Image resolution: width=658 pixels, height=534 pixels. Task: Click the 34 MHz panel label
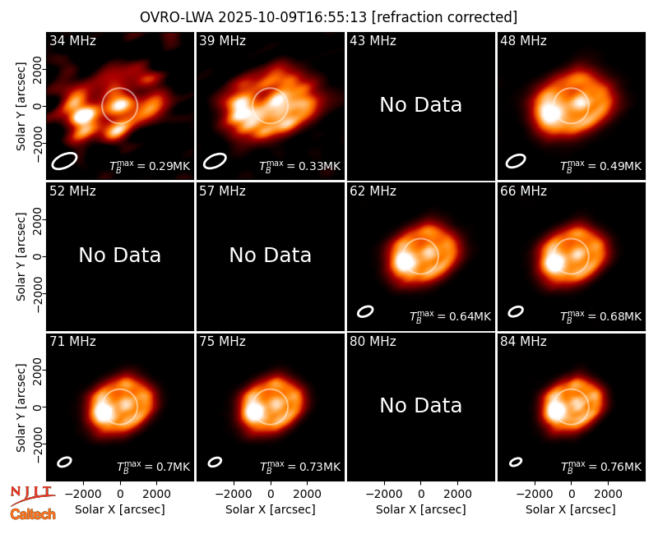click(72, 40)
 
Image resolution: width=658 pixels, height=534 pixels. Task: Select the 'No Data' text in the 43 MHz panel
click(420, 105)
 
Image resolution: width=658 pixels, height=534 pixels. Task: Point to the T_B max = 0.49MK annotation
click(601, 166)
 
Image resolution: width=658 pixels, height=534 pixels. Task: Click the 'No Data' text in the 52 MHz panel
click(119, 255)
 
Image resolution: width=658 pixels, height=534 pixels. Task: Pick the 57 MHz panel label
click(222, 191)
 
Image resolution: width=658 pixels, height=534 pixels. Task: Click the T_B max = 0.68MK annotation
click(601, 316)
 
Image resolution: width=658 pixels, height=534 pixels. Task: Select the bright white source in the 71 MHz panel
click(103, 412)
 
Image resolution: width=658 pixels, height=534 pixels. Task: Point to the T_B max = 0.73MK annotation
click(300, 467)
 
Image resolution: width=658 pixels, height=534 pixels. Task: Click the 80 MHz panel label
click(373, 342)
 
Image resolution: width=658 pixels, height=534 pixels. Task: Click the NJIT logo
click(32, 495)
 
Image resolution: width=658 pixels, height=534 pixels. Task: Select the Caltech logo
click(33, 514)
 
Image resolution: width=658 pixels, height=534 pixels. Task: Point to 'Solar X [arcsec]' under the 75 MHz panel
click(271, 509)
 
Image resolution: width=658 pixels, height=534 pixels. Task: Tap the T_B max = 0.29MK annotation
click(150, 166)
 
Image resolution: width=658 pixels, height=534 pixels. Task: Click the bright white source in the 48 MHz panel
click(549, 113)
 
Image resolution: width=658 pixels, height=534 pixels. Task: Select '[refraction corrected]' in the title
click(444, 17)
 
